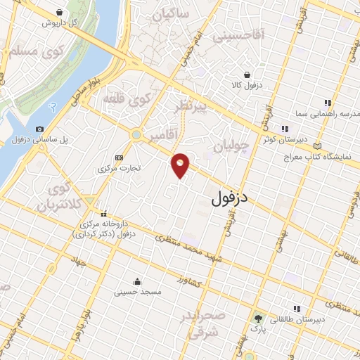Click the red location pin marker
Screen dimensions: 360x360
[x=181, y=165]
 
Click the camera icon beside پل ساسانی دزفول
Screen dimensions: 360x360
[x=39, y=129]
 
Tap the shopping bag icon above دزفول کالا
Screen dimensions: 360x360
[x=247, y=75]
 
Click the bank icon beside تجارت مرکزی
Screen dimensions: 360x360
[x=119, y=157]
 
